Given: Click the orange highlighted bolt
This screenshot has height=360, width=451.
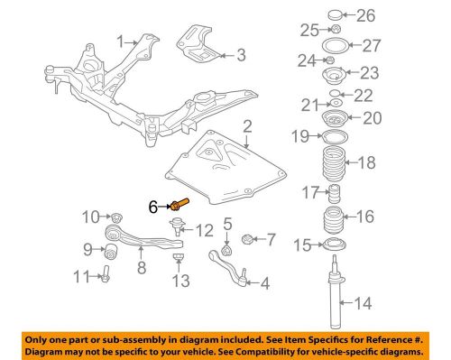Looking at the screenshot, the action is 179,204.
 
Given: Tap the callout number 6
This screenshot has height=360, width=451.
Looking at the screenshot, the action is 153,207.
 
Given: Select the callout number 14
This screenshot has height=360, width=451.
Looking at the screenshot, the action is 363,303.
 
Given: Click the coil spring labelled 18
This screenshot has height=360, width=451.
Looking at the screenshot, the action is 334,163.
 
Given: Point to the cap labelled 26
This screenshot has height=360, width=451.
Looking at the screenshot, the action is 335,14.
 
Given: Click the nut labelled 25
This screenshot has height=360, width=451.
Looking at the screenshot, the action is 336,29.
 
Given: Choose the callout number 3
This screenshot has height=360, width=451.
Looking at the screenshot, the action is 241,55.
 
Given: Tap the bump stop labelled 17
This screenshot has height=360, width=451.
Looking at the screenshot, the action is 334,194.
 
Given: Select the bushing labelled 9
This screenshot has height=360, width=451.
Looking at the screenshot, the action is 111,252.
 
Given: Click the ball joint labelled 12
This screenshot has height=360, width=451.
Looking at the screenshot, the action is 176,226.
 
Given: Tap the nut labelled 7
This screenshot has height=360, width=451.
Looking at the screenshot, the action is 247,239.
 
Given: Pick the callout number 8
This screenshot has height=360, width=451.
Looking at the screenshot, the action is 142,267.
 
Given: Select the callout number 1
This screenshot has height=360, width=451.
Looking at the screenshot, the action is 121,42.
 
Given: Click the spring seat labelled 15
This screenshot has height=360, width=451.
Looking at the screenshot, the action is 333,245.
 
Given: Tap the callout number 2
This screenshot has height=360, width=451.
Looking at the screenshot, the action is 247,126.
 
